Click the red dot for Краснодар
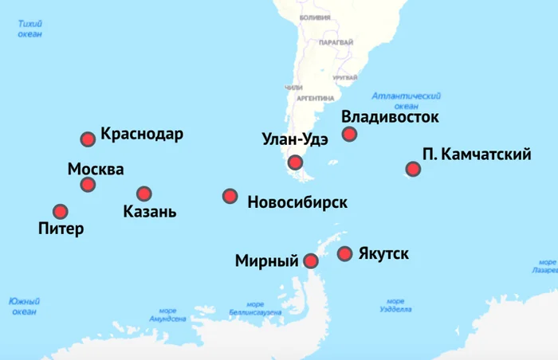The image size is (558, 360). pos(88,139)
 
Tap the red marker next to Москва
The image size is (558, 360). pos(88,185)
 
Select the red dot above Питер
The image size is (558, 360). pos(61,211)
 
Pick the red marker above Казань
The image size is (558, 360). pos(143,194)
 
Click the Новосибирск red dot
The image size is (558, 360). pos(230,195)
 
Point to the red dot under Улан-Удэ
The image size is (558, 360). pos(296,162)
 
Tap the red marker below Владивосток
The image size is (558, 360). pos(349,134)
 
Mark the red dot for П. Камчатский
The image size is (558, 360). pos(413,169)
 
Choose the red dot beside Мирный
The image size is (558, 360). pos(311,260)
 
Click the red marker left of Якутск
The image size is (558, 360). pos(345,254)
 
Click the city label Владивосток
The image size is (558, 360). pos(391,118)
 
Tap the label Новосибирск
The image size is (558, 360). pos(297,202)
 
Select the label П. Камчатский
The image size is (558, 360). pos(477,155)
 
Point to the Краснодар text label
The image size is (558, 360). pos(142,134)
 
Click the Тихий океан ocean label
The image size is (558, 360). pos(30,29)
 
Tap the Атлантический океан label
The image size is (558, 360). pos(407,100)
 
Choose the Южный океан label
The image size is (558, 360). pos(24,307)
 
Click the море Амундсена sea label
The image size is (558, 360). pos(167,314)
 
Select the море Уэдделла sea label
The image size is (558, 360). pos(395,307)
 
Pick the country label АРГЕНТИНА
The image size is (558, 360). pos(315,98)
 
